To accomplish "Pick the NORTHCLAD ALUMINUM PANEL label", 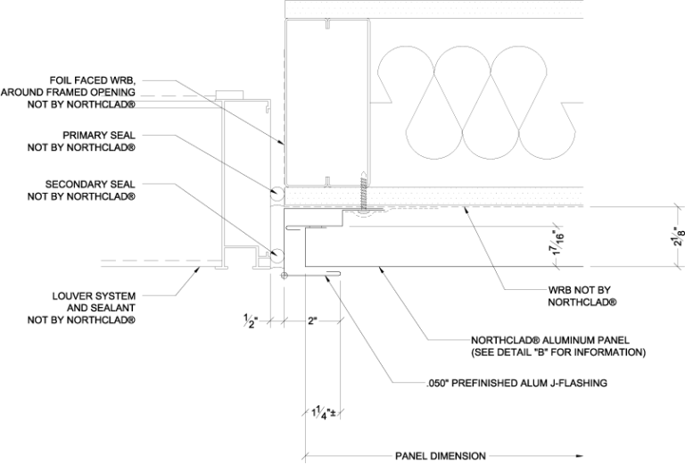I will click(x=550, y=340).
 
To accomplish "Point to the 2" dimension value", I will click(x=311, y=319).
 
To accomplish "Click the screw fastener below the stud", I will click(x=364, y=197).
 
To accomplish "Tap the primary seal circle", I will click(x=277, y=192).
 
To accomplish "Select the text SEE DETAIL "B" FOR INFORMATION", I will click(x=558, y=352).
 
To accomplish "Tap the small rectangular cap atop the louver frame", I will click(x=230, y=94).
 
